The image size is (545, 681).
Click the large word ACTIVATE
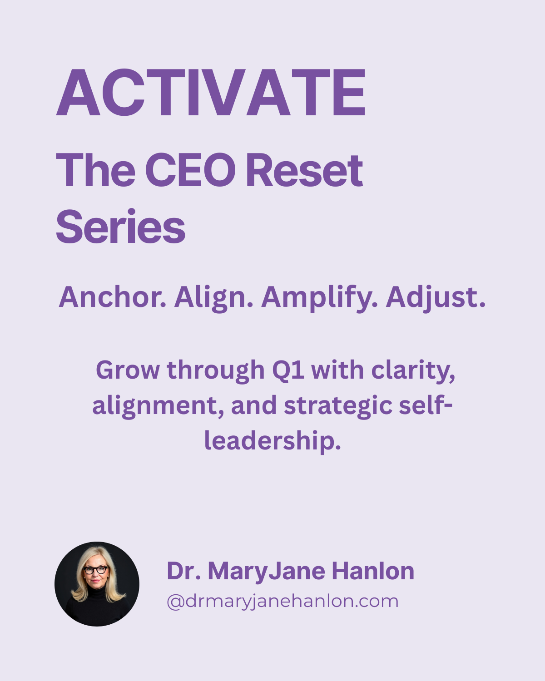click(211, 94)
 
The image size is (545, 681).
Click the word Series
click(120, 227)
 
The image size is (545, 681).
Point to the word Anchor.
click(112, 297)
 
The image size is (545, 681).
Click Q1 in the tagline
click(288, 370)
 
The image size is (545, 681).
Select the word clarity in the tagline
click(413, 371)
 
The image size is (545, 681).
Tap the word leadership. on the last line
click(272, 440)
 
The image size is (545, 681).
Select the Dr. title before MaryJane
click(183, 571)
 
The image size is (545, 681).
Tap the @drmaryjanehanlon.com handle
click(282, 601)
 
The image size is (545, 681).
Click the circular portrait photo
click(97, 584)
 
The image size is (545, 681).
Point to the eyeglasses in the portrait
click(96, 570)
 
